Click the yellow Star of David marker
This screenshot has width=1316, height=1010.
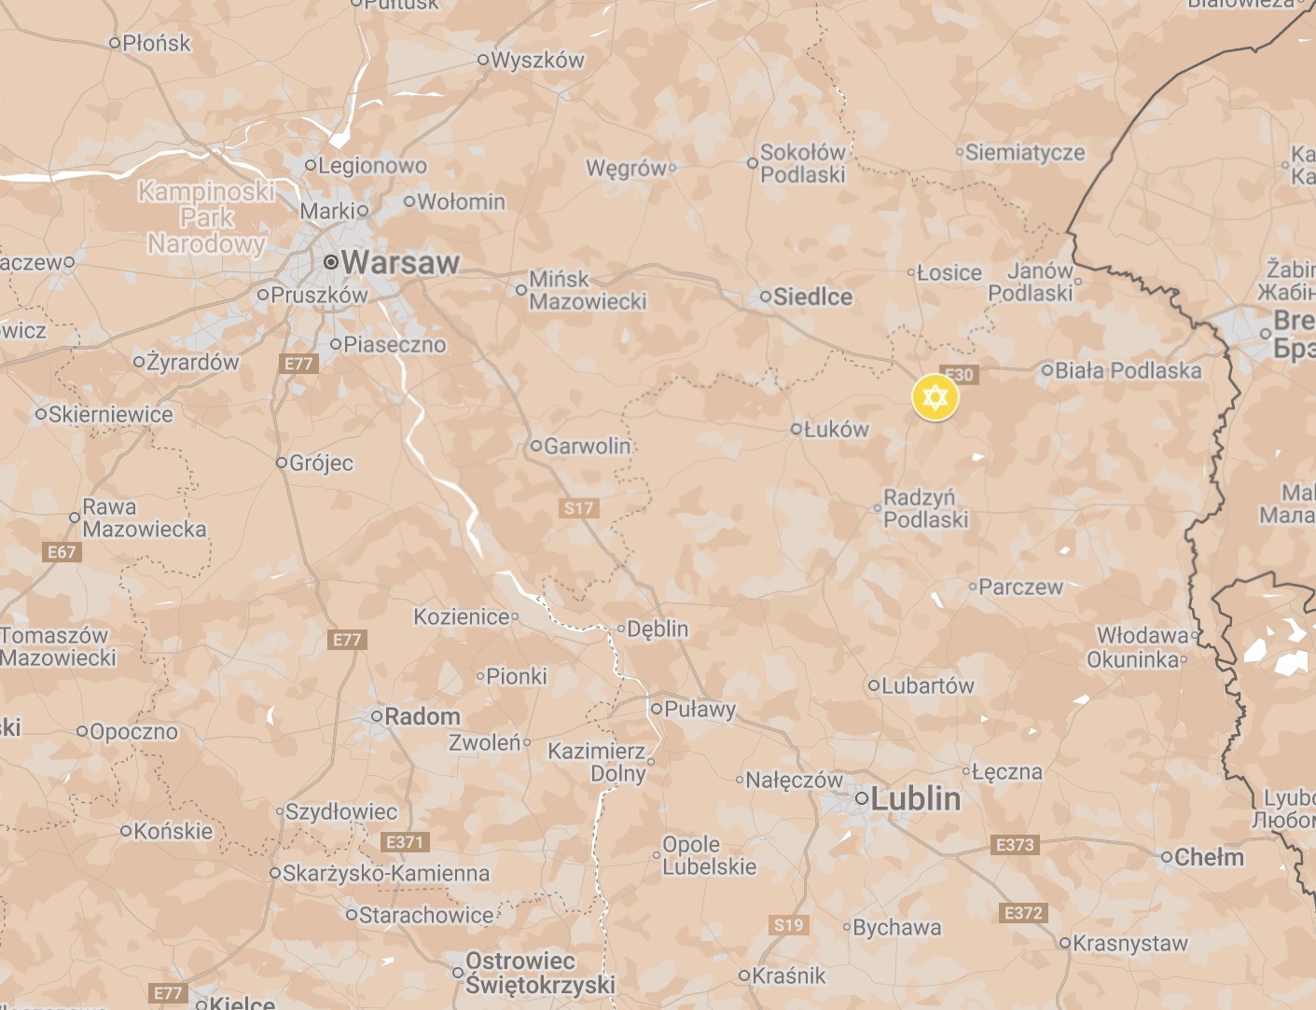click(935, 398)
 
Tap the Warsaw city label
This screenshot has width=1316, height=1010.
click(400, 263)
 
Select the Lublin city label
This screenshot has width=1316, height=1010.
click(915, 798)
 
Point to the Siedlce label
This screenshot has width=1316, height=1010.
click(812, 297)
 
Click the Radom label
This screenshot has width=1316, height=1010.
click(423, 716)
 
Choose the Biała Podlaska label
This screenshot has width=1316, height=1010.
click(1128, 370)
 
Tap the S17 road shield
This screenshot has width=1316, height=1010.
click(578, 508)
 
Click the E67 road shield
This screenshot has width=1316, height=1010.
click(62, 552)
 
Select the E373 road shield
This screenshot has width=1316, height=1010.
click(1015, 845)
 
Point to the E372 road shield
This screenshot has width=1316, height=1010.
click(1023, 913)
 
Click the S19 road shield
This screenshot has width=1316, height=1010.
click(788, 925)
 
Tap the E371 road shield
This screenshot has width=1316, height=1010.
click(405, 842)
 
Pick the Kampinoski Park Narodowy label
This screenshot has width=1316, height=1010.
click(206, 218)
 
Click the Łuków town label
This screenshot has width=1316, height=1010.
click(836, 429)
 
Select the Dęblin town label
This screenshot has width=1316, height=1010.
click(658, 629)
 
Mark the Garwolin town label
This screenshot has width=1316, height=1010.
click(587, 446)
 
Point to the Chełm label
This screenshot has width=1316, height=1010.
click(1209, 857)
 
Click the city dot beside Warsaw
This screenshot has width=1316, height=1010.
click(330, 263)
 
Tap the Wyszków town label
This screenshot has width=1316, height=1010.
click(537, 60)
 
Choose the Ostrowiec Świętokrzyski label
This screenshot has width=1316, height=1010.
click(540, 973)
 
